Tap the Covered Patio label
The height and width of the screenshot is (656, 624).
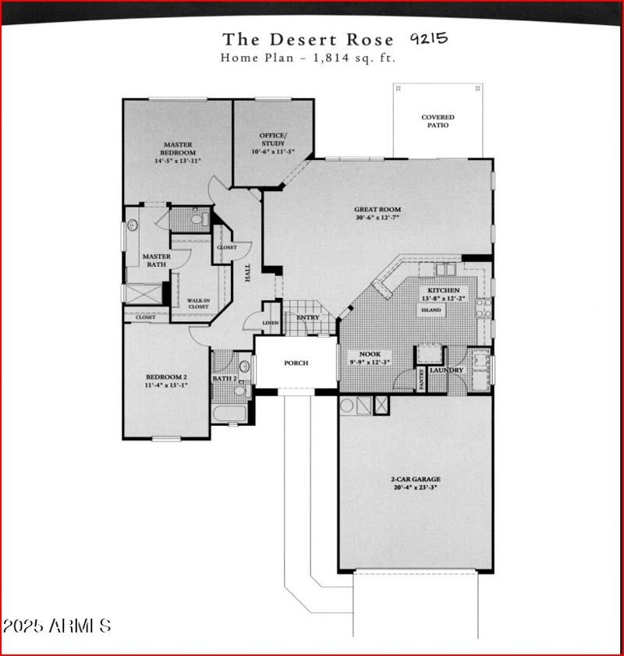(438, 121)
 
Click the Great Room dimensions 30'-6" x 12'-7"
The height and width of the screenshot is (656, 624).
(378, 218)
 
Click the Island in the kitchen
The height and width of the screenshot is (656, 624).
(431, 310)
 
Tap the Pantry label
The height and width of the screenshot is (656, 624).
(422, 379)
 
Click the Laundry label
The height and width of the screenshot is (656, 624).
(447, 371)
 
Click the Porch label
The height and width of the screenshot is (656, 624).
(296, 363)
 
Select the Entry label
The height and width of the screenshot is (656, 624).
(308, 317)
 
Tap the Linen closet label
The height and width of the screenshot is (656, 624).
(270, 322)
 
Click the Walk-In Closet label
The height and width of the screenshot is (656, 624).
(198, 303)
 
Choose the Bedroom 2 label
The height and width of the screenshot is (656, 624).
(165, 381)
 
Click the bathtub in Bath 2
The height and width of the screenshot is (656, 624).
(229, 413)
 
